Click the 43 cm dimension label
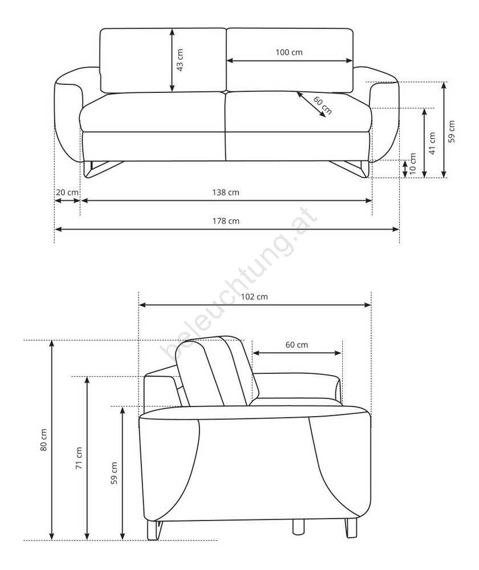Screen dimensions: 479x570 pyautogui.click(x=180, y=60)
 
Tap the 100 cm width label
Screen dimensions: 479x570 pyautogui.click(x=289, y=52)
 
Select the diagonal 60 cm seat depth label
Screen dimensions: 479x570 pyautogui.click(x=322, y=105)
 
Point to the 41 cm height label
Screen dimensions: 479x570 pyautogui.click(x=432, y=143)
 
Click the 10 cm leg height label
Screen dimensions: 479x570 pyautogui.click(x=413, y=164)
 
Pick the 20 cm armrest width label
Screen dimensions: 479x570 pyautogui.click(x=67, y=192)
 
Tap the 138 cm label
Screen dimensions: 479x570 pyautogui.click(x=226, y=192)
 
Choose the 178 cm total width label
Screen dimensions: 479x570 pyautogui.click(x=226, y=221)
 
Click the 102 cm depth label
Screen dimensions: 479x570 pyautogui.click(x=254, y=296)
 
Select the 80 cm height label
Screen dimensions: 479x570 pyautogui.click(x=43, y=440)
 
